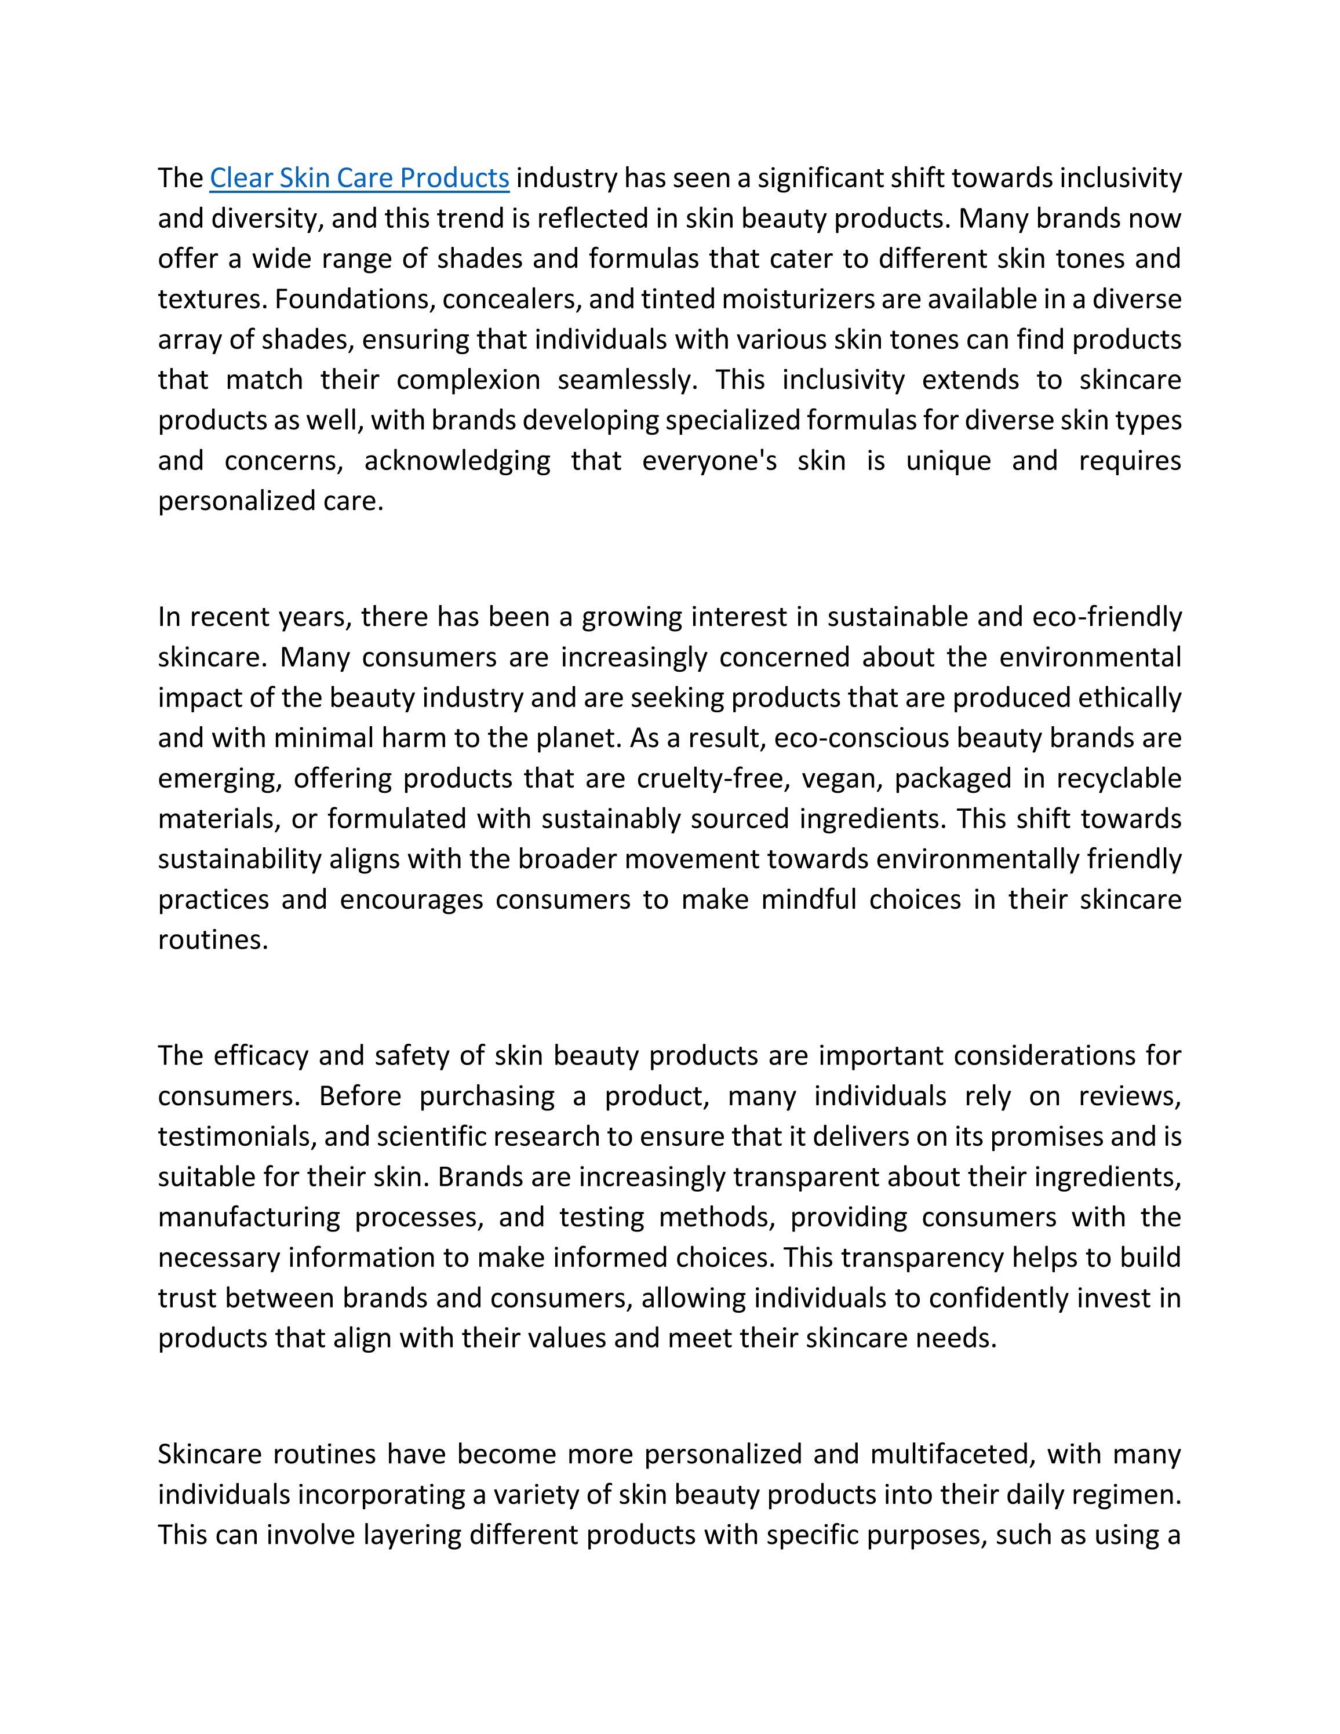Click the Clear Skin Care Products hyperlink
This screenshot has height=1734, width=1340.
point(359,178)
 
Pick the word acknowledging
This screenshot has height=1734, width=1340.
point(457,461)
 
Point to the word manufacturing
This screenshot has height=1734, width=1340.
point(249,1217)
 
